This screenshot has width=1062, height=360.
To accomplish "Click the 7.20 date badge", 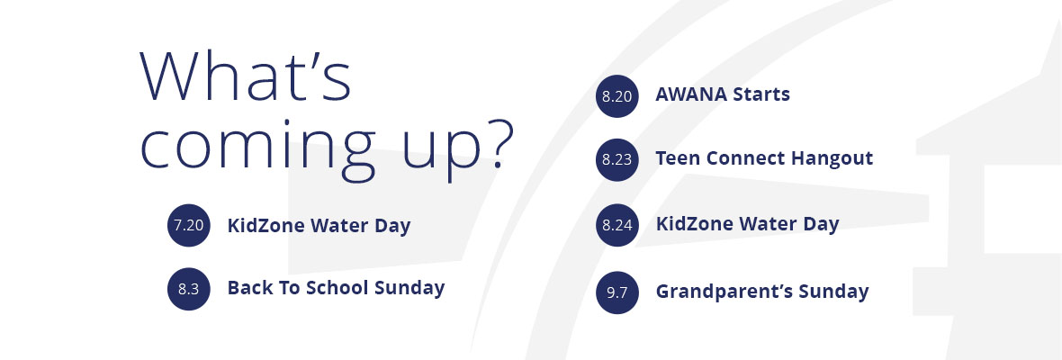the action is [x=188, y=225].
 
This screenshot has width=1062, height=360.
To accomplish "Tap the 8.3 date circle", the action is [x=188, y=289].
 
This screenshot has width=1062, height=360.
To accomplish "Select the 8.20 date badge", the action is [x=617, y=96].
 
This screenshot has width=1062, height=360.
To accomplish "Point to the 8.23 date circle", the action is [x=617, y=159].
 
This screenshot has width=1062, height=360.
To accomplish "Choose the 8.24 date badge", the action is [x=617, y=225].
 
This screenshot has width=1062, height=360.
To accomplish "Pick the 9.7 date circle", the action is [x=617, y=293].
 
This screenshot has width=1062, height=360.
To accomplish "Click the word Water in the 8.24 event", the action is [x=767, y=223].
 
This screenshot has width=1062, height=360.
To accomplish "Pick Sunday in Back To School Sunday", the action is [x=409, y=289].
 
